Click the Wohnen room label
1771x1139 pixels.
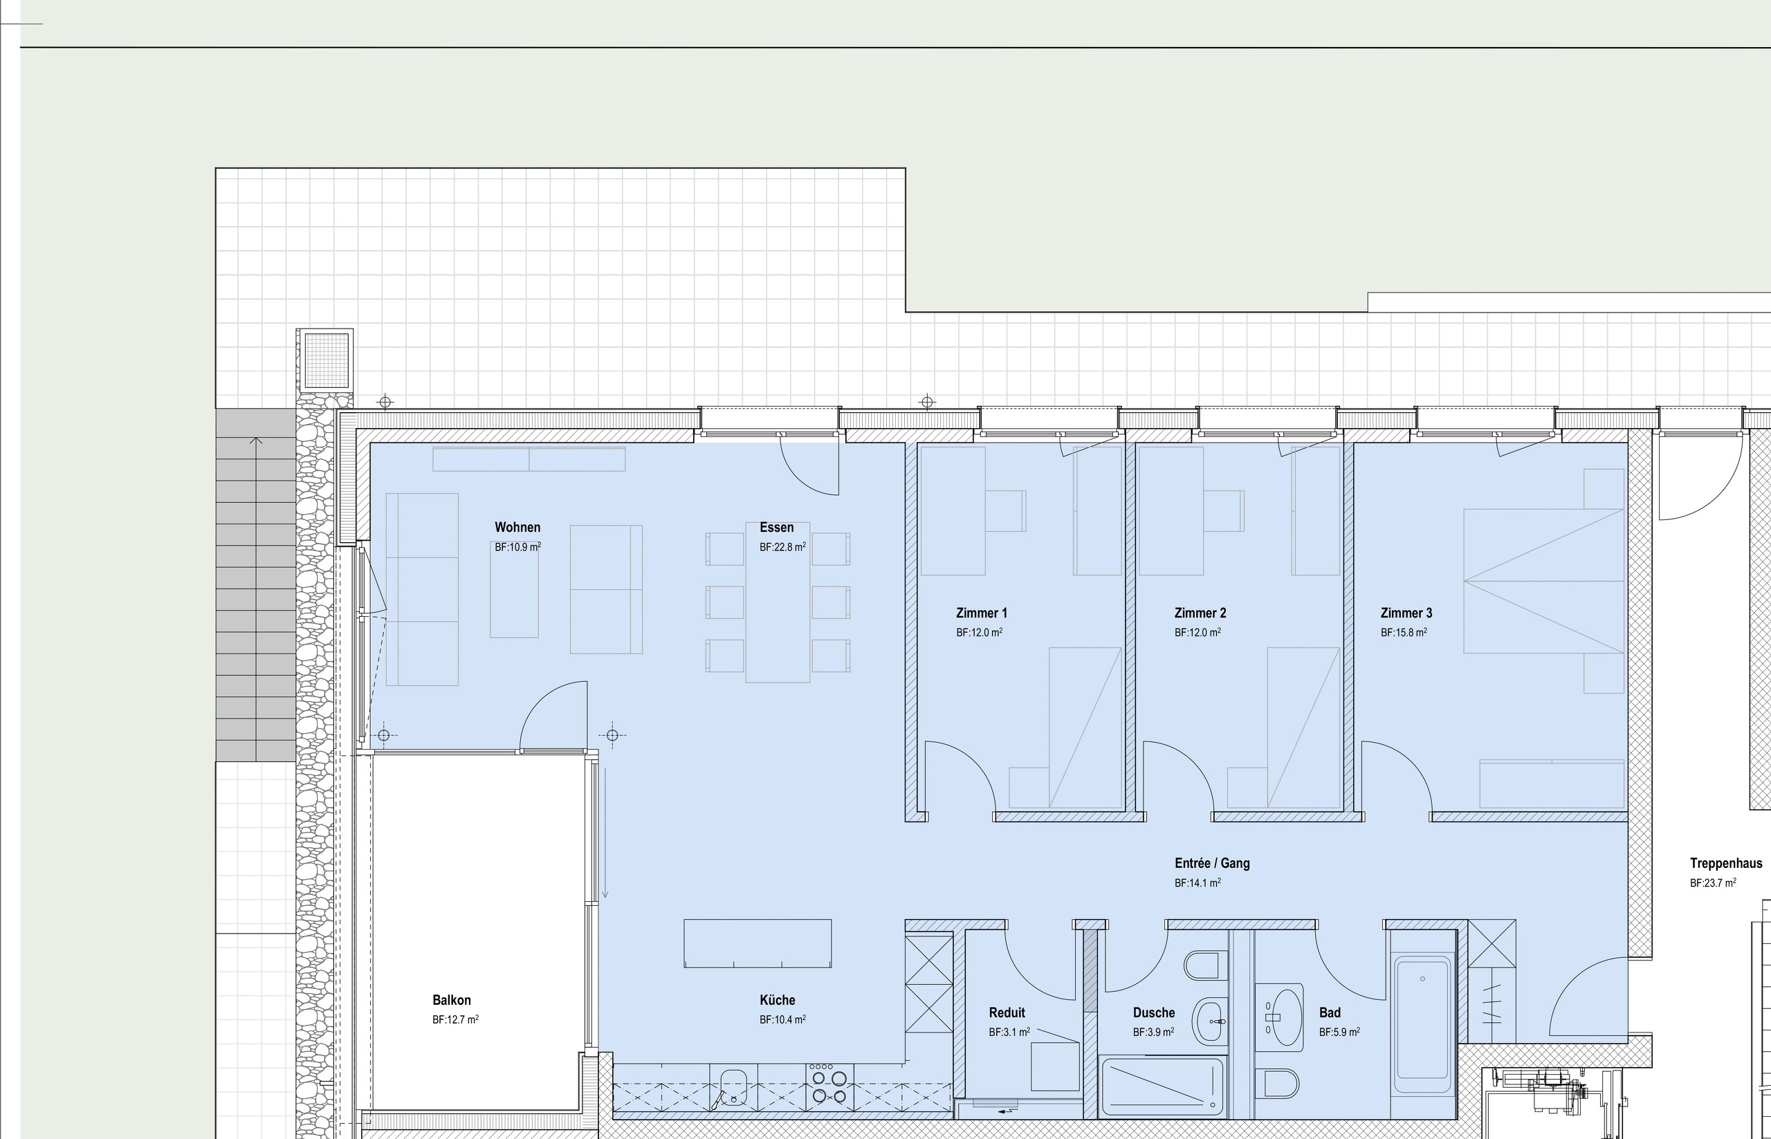click(517, 528)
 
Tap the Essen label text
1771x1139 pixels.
click(776, 528)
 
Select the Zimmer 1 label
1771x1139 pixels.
click(981, 613)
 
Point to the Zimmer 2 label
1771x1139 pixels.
click(1200, 613)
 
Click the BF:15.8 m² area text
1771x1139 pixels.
click(1404, 632)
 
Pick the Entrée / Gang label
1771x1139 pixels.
click(1212, 863)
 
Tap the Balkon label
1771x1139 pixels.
click(451, 1000)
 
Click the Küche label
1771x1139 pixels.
click(777, 1000)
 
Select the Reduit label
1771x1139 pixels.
click(1007, 1012)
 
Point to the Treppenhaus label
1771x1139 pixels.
click(1726, 863)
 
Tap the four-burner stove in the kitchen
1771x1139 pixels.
click(829, 1086)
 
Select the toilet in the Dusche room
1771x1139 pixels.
click(1202, 965)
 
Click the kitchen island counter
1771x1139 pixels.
click(758, 943)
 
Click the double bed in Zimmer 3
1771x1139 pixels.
click(1543, 581)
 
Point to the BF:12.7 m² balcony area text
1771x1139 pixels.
click(455, 1020)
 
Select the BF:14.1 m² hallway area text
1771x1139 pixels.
click(1197, 883)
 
